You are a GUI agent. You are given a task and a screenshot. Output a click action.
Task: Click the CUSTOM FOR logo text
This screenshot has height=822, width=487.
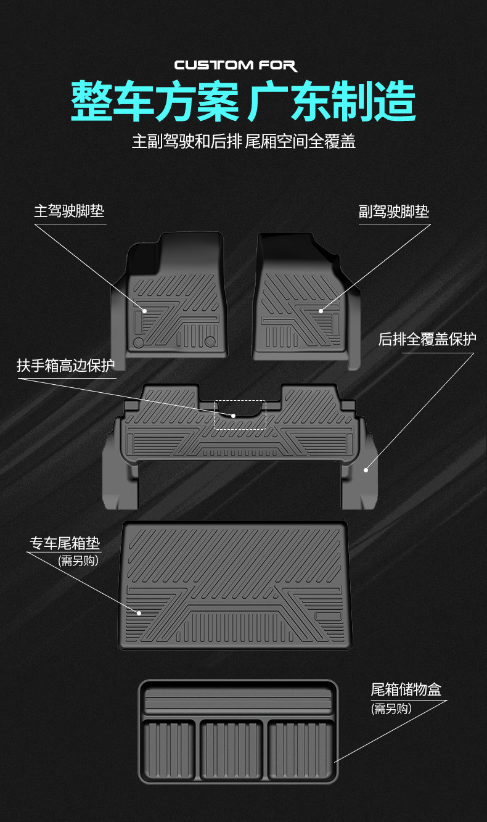235,65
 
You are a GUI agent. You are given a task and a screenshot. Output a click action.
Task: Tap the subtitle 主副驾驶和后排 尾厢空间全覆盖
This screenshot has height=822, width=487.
243,141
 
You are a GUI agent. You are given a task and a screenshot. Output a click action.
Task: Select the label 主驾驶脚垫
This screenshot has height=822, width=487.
69,212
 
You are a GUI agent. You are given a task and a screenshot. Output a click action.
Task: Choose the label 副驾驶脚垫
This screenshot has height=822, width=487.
394,212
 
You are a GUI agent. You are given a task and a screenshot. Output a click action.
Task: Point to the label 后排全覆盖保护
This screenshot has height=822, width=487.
427,339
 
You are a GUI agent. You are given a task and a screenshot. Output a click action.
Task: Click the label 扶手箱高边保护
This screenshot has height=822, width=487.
65,366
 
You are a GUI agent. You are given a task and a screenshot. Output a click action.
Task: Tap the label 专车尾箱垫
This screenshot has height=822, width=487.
65,543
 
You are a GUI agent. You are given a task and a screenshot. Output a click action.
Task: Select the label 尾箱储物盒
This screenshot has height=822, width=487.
406,689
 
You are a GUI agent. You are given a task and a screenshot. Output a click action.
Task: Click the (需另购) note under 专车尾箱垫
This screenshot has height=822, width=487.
78,561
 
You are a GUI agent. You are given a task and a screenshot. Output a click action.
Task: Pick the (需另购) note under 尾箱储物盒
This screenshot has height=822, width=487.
391,709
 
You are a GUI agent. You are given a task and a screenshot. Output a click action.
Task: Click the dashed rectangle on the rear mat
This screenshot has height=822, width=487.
240,414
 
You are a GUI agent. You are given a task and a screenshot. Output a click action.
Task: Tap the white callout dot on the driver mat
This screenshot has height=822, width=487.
144,311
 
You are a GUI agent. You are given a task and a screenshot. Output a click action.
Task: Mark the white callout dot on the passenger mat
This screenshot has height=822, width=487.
321,311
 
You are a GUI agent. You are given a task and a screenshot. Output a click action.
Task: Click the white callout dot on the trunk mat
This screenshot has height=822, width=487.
139,613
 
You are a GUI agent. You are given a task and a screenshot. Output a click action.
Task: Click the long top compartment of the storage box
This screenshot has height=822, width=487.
238,702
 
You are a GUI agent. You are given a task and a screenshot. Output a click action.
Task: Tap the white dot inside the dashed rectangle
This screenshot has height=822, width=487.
234,416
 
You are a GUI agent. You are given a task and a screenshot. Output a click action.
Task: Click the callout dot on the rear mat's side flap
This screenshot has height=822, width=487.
366,470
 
